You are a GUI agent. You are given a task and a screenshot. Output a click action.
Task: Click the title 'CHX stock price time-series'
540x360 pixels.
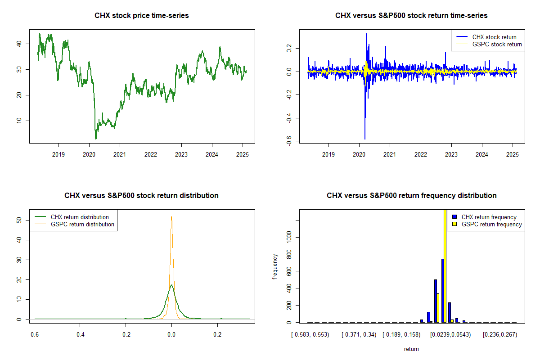[x=142, y=16]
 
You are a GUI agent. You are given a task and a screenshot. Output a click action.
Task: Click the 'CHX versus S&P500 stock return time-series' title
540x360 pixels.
[x=411, y=16]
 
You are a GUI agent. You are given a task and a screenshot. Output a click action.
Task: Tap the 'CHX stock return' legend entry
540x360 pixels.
[x=494, y=37]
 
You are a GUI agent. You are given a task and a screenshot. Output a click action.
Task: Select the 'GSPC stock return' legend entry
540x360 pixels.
[x=497, y=44]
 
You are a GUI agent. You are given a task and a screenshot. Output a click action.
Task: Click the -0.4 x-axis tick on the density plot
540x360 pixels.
[x=80, y=334]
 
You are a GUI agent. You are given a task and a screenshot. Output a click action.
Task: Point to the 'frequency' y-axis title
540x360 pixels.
[x=275, y=266]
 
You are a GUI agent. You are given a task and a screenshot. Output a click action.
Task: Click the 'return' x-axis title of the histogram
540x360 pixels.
[x=411, y=349]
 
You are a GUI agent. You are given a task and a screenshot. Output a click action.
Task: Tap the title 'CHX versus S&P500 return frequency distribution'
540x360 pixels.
[x=411, y=196]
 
